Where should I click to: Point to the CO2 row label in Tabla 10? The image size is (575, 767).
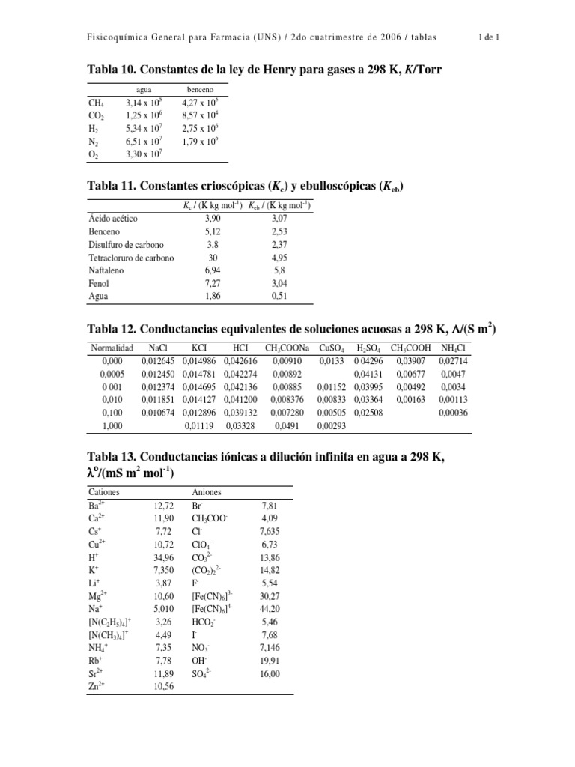[x=97, y=117]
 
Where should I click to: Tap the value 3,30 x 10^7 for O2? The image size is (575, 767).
[x=144, y=154]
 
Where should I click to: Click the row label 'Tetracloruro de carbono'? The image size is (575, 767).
[x=131, y=258]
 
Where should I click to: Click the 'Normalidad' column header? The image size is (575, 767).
[x=112, y=348]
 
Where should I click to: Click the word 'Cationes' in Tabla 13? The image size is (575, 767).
[x=104, y=492]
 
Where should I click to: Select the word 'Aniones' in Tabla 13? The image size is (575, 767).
[x=207, y=492]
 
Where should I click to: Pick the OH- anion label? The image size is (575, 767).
[x=199, y=660]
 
